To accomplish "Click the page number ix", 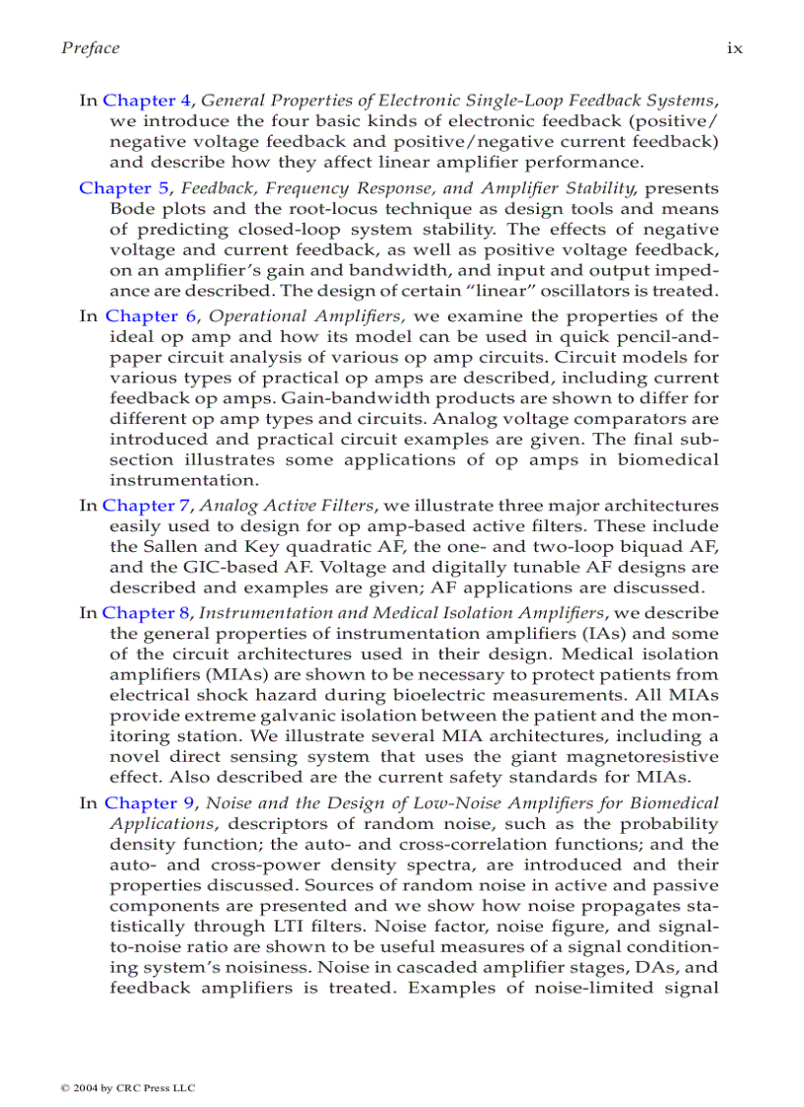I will click(x=735, y=48).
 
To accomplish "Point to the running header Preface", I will click(x=91, y=48).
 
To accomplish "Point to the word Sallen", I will click(x=166, y=547).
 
